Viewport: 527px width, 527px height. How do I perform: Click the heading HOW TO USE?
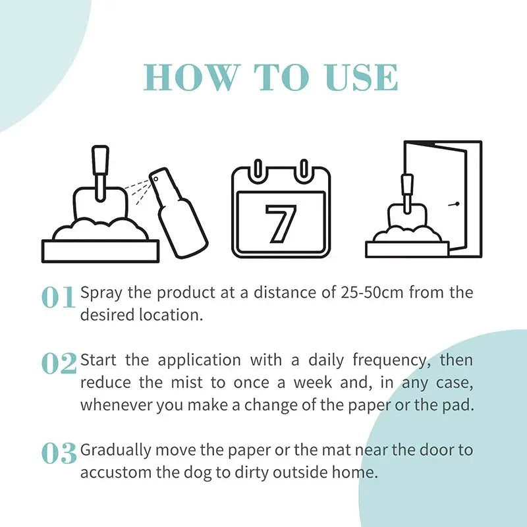click(271, 78)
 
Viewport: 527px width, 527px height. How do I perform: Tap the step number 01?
click(59, 298)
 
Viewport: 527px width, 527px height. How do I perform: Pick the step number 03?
click(59, 453)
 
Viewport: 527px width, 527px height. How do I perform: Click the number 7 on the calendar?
click(281, 223)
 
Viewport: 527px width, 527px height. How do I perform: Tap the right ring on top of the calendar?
click(303, 169)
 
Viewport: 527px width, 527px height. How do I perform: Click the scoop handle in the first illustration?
click(99, 165)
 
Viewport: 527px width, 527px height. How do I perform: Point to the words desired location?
click(140, 315)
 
